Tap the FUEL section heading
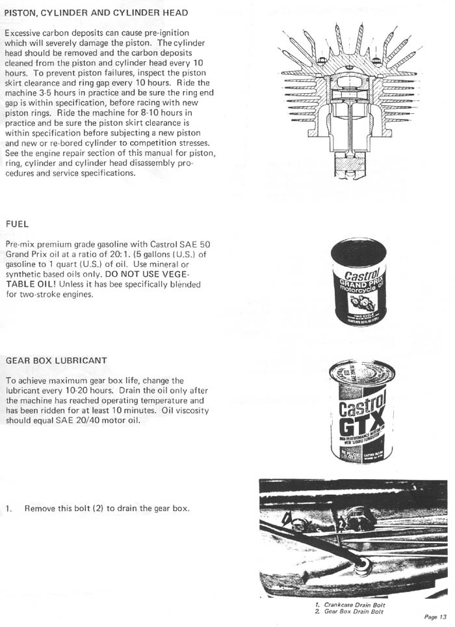coord(17,225)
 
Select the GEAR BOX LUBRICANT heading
coord(56,360)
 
